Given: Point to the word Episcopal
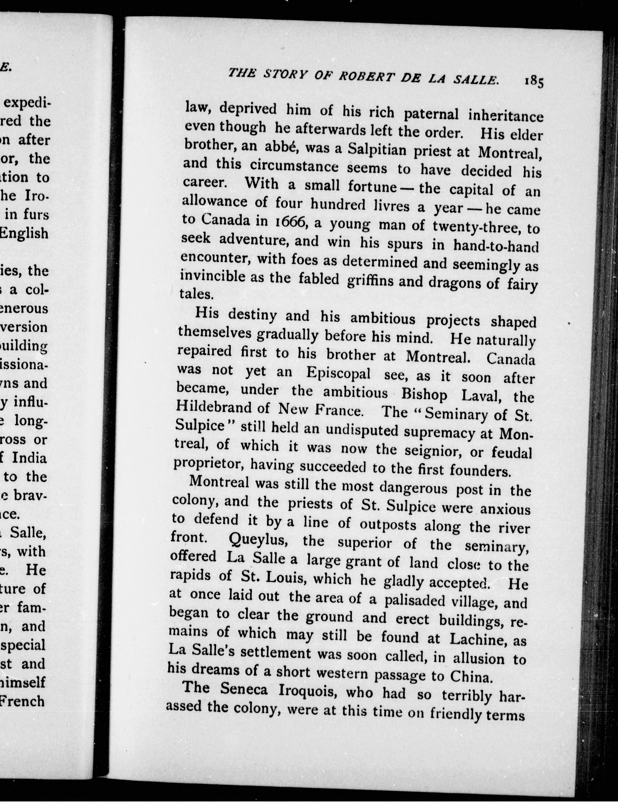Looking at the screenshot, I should pos(338,373).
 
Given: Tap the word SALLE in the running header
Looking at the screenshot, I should pos(476,80).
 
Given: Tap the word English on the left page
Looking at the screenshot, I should pos(24,233).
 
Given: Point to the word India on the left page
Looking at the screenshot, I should pos(29,458).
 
